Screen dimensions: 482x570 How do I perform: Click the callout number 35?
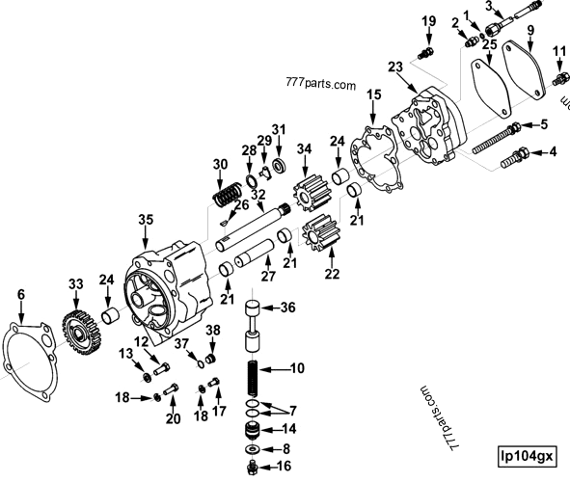click(145, 221)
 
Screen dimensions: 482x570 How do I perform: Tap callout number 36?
click(287, 308)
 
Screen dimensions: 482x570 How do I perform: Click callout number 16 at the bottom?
click(285, 466)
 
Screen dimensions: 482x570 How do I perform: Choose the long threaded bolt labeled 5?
click(496, 138)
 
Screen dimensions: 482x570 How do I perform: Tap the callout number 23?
click(394, 67)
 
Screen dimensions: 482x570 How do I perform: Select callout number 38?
click(213, 330)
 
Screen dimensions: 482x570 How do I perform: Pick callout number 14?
click(287, 428)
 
